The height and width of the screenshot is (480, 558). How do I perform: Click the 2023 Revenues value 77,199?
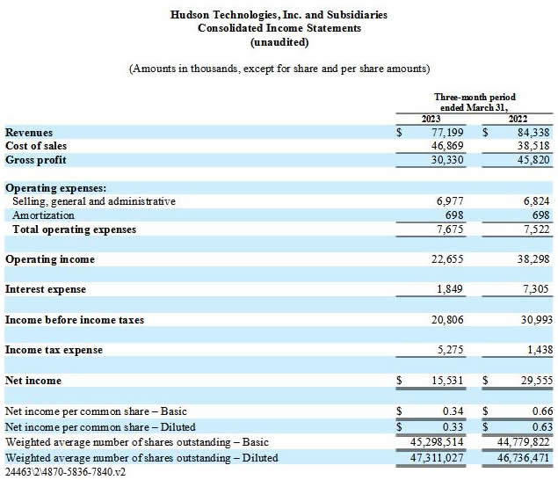pyautogui.click(x=447, y=133)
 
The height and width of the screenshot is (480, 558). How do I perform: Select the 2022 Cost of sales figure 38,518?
pyautogui.click(x=533, y=146)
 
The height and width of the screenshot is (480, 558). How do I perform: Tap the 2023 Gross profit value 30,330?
pyautogui.click(x=447, y=160)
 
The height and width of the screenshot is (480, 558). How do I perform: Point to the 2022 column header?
pyautogui.click(x=518, y=119)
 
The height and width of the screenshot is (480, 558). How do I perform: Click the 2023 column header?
pyautogui.click(x=431, y=119)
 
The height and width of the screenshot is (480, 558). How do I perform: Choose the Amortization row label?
pyautogui.click(x=43, y=215)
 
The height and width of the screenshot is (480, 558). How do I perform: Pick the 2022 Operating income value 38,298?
pyautogui.click(x=533, y=258)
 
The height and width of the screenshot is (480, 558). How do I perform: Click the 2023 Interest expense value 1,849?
pyautogui.click(x=450, y=288)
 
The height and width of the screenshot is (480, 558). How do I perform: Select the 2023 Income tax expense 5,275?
pyautogui.click(x=450, y=350)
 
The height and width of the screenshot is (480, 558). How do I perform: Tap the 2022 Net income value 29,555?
pyautogui.click(x=537, y=381)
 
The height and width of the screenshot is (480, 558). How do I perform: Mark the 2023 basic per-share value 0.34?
pyautogui.click(x=453, y=411)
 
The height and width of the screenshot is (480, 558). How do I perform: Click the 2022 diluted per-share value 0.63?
pyautogui.click(x=543, y=426)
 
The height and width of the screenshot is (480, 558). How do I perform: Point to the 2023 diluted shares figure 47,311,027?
pyautogui.click(x=437, y=457)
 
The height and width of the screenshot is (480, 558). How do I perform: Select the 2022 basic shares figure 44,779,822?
pyautogui.click(x=523, y=442)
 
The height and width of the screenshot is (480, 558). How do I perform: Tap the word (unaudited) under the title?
pyautogui.click(x=279, y=42)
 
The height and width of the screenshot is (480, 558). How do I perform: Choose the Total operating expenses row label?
pyautogui.click(x=75, y=229)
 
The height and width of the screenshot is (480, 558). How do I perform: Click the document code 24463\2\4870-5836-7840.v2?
pyautogui.click(x=65, y=472)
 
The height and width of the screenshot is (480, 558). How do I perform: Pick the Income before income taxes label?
pyautogui.click(x=75, y=320)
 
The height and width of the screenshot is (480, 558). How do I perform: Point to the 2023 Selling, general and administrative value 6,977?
pyautogui.click(x=450, y=201)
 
